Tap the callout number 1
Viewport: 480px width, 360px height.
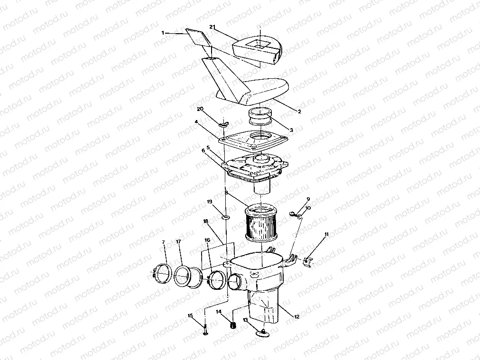pos(163,33)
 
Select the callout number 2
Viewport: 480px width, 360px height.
pos(299,111)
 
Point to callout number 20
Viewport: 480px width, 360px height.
pos(200,109)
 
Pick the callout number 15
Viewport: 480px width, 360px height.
pos(190,316)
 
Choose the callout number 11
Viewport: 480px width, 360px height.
pos(326,234)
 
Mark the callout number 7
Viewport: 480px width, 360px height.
pos(164,242)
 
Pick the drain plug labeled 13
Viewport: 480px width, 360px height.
pos(263,334)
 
